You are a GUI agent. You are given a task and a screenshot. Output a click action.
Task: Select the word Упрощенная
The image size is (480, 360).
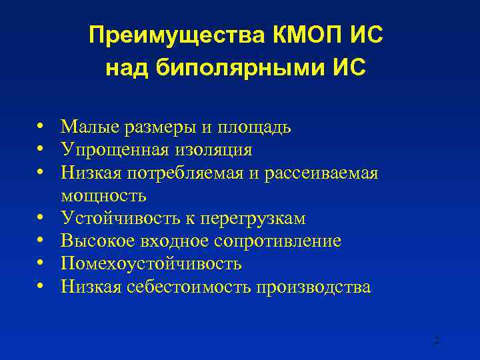pyautogui.click(x=106, y=150)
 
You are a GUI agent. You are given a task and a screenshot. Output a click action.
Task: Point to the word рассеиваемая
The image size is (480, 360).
pyautogui.click(x=321, y=173)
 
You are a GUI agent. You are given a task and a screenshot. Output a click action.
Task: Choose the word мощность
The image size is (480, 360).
pyautogui.click(x=103, y=196)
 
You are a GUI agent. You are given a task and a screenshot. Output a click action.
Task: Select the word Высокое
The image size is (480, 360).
pyautogui.click(x=91, y=241)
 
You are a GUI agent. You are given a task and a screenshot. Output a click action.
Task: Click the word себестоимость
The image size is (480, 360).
pyautogui.click(x=187, y=287)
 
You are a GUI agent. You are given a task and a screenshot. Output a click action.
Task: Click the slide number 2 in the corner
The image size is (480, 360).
pyautogui.click(x=437, y=340)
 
